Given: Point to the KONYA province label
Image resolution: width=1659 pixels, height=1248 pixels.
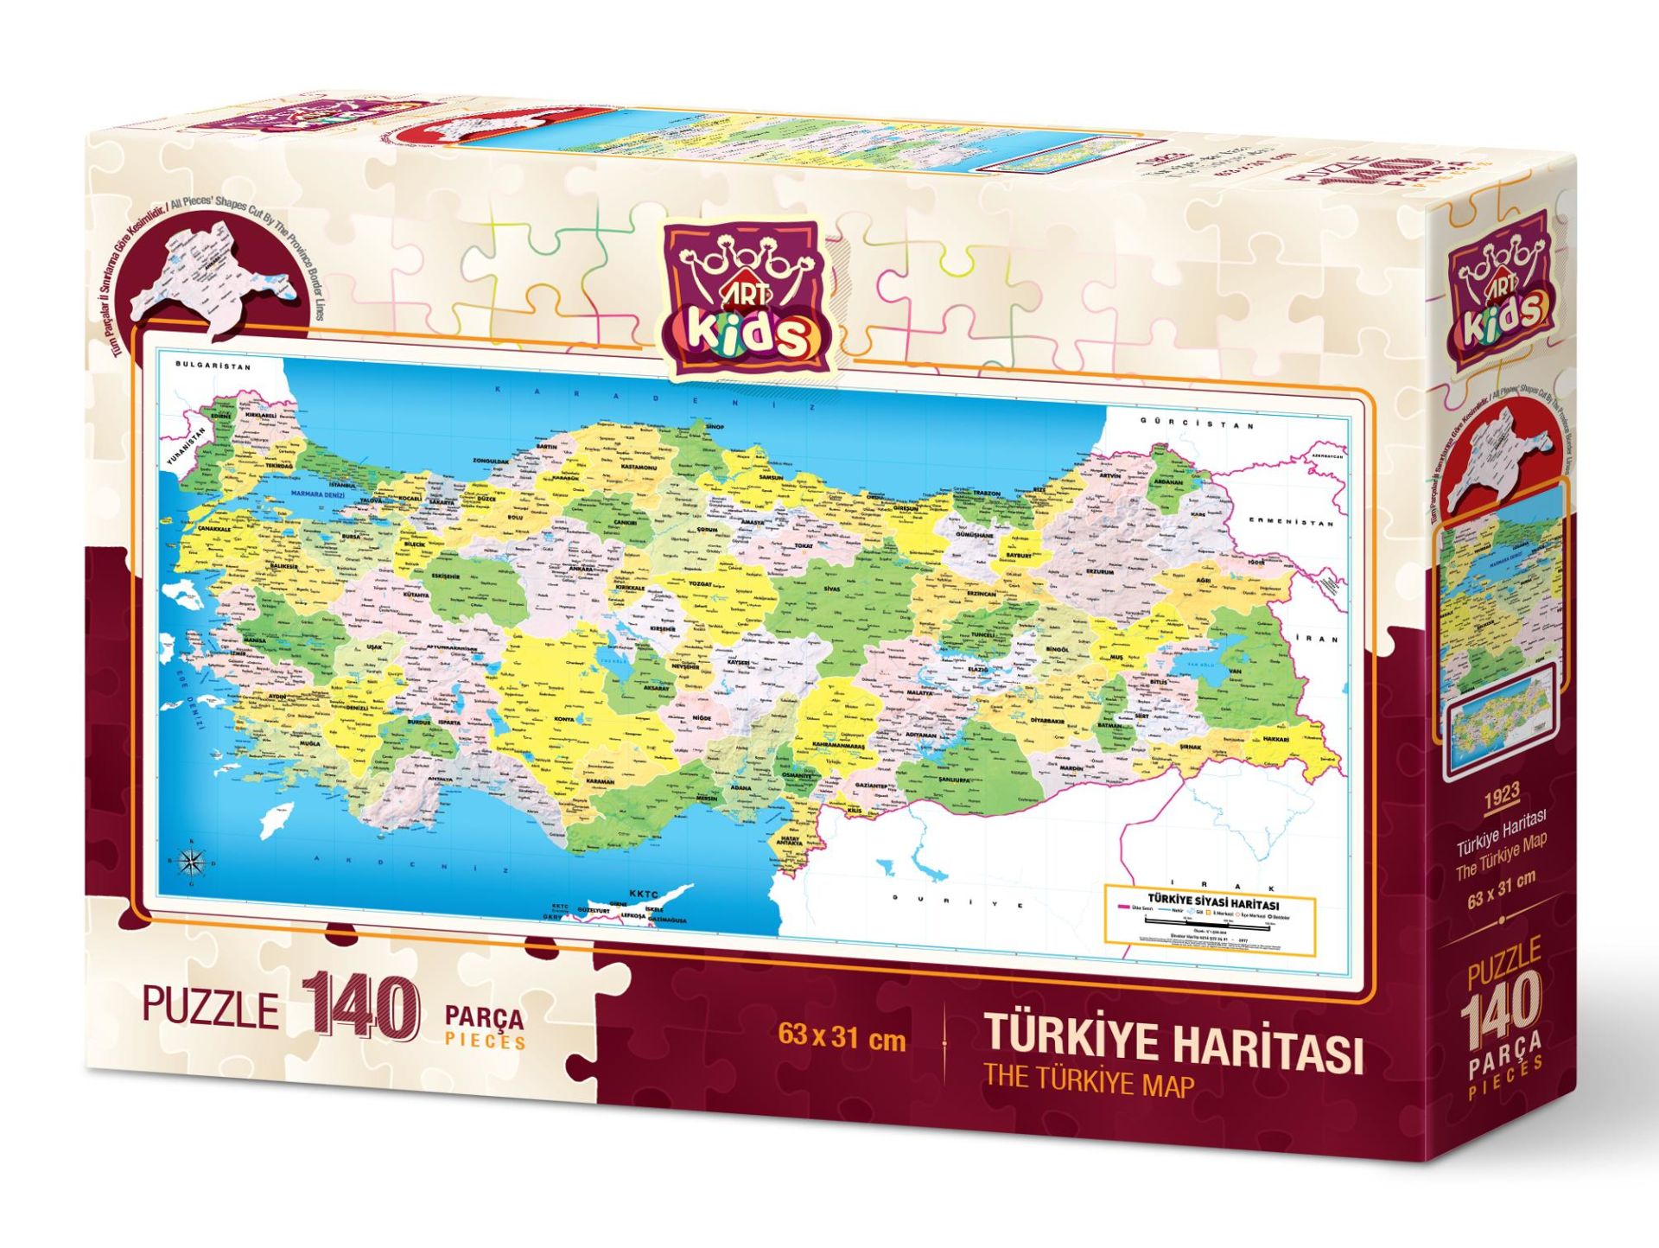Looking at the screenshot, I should coord(563,719).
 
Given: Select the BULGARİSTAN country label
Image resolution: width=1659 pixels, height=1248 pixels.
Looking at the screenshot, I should coord(213,366).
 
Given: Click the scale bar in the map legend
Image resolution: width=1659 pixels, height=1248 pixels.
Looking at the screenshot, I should coord(1208,926).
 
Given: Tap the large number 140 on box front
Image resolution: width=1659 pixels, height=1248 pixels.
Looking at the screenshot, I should coord(360,1007).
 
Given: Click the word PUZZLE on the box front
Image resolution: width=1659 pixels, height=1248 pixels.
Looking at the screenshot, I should coord(211,1008).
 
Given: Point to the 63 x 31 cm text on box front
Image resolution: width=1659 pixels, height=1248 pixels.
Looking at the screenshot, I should coord(841,1037).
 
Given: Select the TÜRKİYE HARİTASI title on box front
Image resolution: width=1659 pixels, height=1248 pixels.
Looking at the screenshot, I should coord(1173,1042).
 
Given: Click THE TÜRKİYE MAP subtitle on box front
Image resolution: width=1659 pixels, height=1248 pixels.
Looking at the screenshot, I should coord(1089,1083).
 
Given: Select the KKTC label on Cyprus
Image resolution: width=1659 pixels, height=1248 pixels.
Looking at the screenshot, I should coord(643,895).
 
